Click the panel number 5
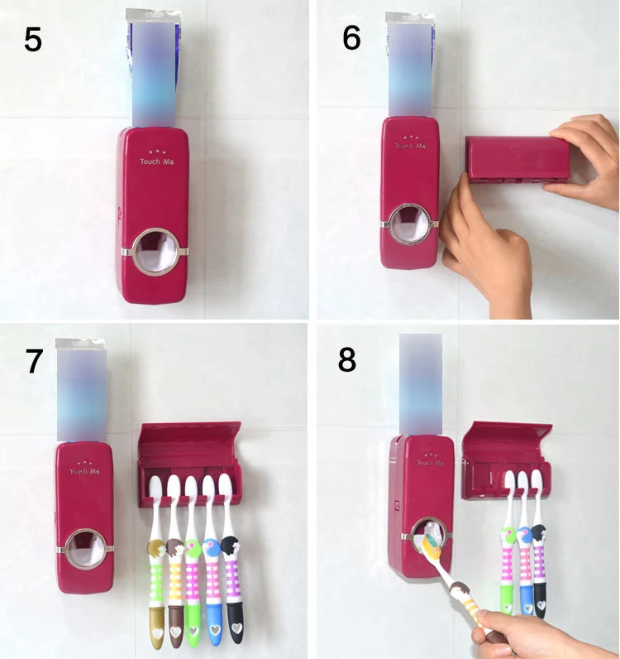33,40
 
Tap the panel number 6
351,38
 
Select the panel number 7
34,361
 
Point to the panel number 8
347,360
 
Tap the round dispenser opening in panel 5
155,250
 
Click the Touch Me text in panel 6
410,146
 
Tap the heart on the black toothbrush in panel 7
235,631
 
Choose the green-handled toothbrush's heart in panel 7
194,632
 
